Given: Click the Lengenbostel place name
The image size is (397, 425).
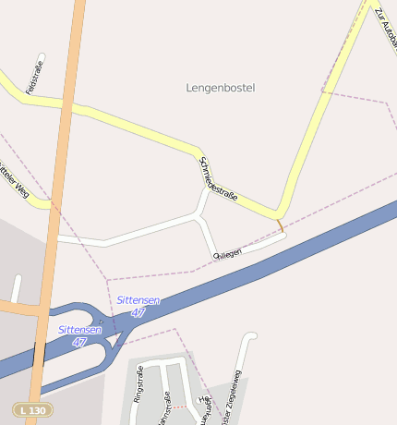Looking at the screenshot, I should pos(220,88).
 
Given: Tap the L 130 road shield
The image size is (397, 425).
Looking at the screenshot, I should pos(31,409).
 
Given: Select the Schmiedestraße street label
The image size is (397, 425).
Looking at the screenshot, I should pos(219,179).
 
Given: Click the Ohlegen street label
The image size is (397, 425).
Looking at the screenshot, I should pos(227,252).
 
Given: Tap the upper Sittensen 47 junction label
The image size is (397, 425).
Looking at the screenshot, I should pos(138,307).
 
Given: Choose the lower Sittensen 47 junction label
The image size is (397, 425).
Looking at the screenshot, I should pos(80,335).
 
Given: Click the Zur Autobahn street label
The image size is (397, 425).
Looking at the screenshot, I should pos(386,28).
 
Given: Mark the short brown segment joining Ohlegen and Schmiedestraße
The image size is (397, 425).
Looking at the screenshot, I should pos(280,225).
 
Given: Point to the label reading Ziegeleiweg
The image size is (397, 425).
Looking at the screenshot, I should pos(231,397).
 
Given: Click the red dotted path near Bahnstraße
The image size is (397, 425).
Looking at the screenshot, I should pos(181,407).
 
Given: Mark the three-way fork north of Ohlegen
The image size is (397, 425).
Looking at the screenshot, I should pos(199,216).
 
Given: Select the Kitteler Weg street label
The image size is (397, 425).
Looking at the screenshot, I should pos(20,180).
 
